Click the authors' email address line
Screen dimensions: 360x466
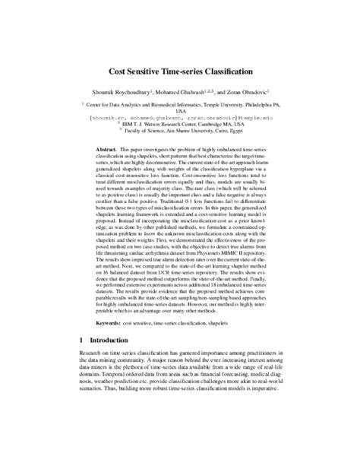click(179, 119)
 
